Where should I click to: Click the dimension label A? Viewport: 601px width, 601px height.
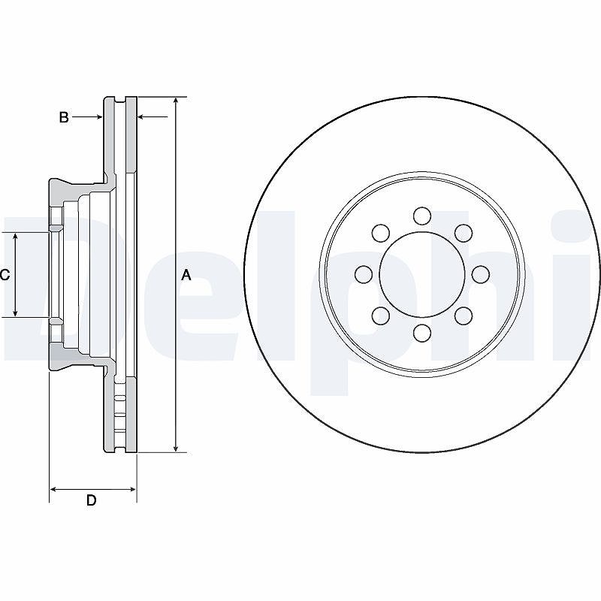pos(186,275)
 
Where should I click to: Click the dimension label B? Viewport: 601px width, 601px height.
pos(64,117)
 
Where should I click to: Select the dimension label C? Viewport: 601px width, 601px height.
pos(5,275)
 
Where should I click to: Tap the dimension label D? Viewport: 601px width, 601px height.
pos(91,500)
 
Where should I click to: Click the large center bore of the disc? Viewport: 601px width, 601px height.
pos(422,274)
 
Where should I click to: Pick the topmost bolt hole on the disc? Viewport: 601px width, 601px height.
pos(422,216)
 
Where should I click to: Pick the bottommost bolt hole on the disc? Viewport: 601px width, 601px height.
pos(422,333)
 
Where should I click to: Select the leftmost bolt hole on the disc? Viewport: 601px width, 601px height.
pos(364,274)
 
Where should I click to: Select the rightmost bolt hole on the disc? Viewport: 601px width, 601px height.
pos(480,274)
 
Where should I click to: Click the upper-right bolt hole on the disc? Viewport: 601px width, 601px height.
pos(463,233)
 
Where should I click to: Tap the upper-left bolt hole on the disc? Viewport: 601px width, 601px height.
pos(381,233)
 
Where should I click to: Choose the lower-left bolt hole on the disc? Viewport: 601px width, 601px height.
pos(381,316)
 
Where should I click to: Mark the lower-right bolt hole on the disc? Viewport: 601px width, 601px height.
pos(463,316)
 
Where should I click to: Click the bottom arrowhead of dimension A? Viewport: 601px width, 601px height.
pos(176,448)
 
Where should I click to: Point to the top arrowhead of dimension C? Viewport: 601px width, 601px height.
pos(15,236)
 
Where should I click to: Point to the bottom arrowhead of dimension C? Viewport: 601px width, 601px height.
pos(15,313)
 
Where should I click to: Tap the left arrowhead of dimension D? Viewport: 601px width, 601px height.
pos(53,490)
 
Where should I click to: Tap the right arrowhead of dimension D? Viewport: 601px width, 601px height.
pos(133,490)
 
